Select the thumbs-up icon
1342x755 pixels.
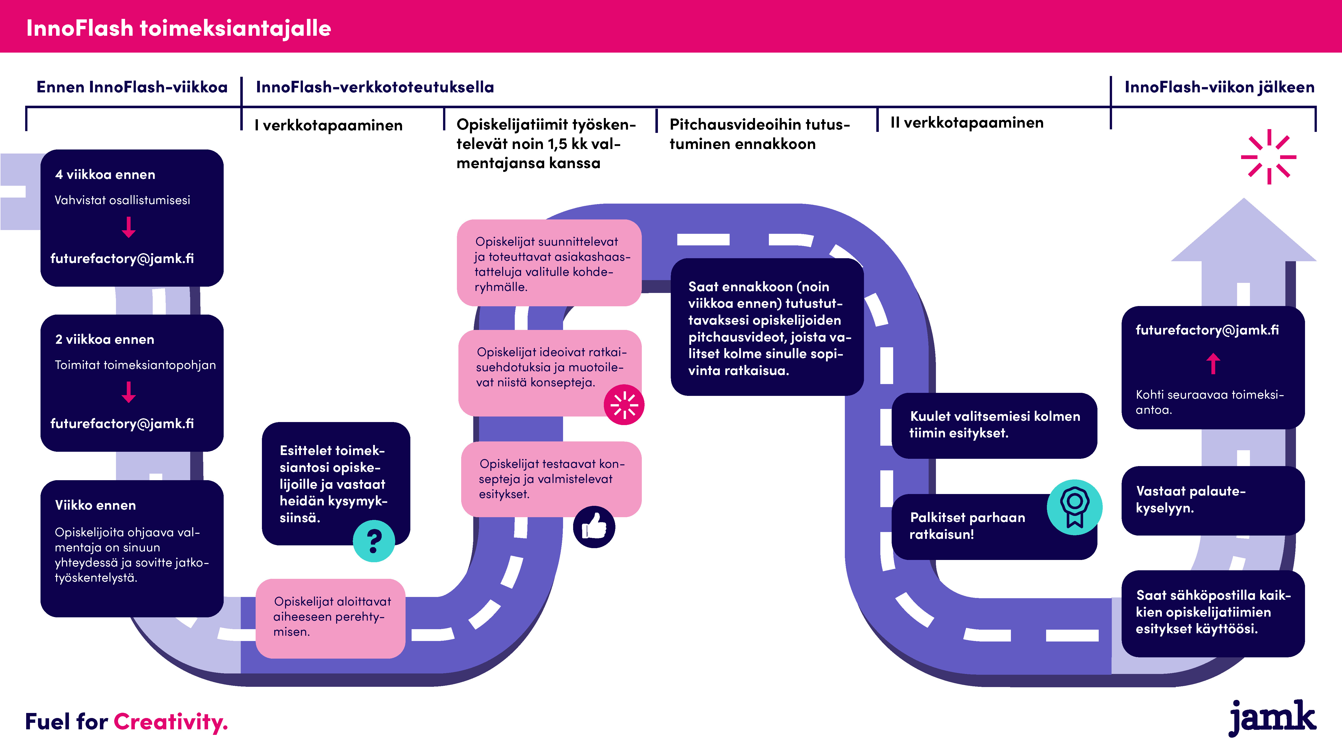(x=594, y=527)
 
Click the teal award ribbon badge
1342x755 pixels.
(x=1074, y=507)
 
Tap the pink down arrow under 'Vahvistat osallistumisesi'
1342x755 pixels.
(x=129, y=227)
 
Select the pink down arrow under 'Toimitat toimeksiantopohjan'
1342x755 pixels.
(x=129, y=392)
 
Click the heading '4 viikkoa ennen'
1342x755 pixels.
(x=105, y=175)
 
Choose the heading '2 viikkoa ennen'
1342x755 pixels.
(x=105, y=339)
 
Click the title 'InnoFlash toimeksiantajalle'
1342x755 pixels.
(x=179, y=28)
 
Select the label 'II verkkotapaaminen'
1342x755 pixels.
(x=967, y=123)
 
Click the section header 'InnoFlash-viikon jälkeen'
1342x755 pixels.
(x=1219, y=87)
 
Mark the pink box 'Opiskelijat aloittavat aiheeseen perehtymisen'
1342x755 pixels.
(x=330, y=619)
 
